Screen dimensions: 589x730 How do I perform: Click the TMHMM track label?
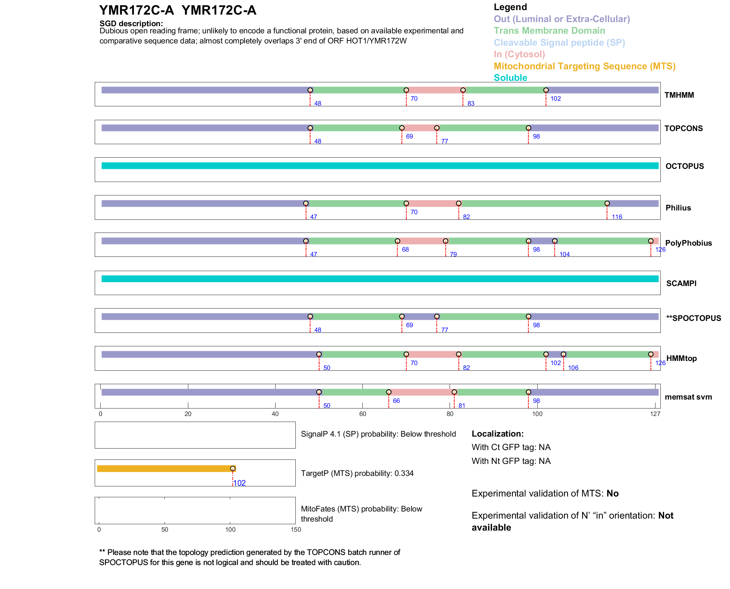679,95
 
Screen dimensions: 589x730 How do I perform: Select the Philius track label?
678,208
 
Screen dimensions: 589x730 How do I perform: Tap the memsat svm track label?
688,397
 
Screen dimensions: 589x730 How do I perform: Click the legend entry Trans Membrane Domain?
549,31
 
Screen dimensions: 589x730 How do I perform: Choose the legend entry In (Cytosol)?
519,54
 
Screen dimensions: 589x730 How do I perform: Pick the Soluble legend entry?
510,78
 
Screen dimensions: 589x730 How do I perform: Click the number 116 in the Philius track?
617,217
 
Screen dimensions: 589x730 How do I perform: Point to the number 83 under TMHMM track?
471,103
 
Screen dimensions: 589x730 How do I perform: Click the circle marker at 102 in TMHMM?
546,90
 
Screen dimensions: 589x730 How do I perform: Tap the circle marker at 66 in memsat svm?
389,392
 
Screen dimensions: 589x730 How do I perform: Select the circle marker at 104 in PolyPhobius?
554,241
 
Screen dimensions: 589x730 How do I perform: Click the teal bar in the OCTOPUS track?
380,166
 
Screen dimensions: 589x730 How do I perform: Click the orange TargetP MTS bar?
165,468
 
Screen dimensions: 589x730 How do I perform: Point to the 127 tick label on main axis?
655,414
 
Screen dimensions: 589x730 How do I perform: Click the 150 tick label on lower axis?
296,529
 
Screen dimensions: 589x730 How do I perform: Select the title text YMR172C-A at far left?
136,10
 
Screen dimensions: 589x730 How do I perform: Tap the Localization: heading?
498,434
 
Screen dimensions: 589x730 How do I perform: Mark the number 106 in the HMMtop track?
573,368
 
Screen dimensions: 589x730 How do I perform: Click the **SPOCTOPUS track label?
693,318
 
